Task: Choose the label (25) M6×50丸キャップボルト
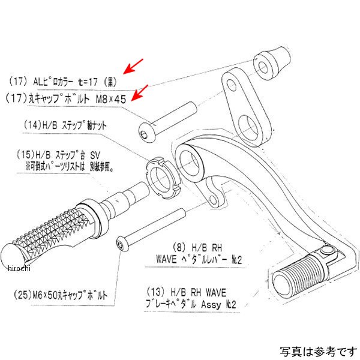click(x=59, y=296)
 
